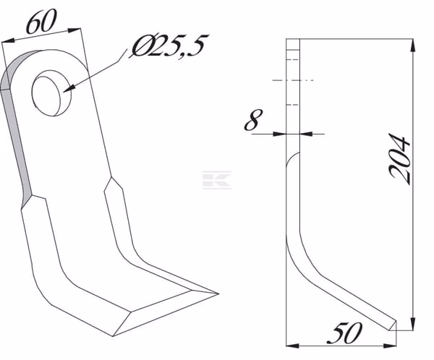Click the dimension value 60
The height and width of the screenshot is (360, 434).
pos(41,21)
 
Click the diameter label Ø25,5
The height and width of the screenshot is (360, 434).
pos(169,46)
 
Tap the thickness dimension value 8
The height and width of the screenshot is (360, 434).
pos(253,119)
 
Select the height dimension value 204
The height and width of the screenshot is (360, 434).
pos(399,159)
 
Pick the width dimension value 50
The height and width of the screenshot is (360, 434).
pos(345,333)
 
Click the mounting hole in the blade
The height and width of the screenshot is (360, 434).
pos(51,93)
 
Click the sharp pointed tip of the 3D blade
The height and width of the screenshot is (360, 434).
pos(218,293)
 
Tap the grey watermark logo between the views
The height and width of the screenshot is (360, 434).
pos(217,180)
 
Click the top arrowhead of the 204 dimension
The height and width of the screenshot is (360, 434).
pos(413,46)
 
